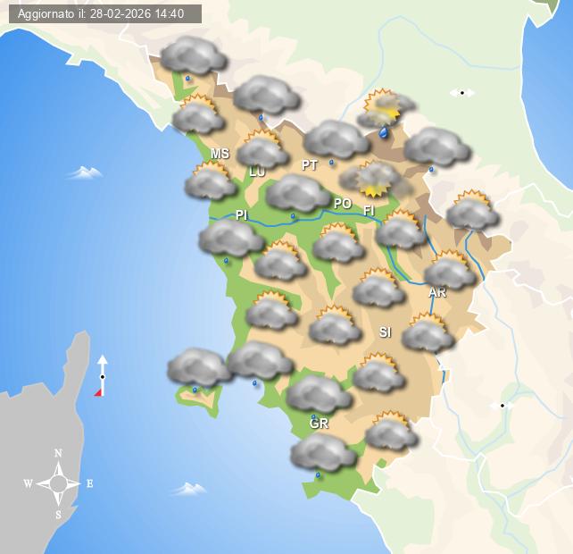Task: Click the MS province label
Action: (x=220, y=154)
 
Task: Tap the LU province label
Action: (x=257, y=172)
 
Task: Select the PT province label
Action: (x=310, y=165)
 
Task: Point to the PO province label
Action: (x=343, y=204)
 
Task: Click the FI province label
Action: (x=368, y=211)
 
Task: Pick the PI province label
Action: (x=241, y=215)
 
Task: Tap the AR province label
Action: (x=436, y=292)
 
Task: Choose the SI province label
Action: (x=385, y=332)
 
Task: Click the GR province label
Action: (x=320, y=424)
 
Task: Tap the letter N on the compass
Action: (x=59, y=454)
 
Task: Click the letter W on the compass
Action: (x=28, y=484)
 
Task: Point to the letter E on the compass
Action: (x=89, y=483)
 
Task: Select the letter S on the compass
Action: (x=59, y=515)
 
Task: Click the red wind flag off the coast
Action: (x=99, y=390)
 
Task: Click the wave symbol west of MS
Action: (x=85, y=172)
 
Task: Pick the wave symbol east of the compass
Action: (x=189, y=489)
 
